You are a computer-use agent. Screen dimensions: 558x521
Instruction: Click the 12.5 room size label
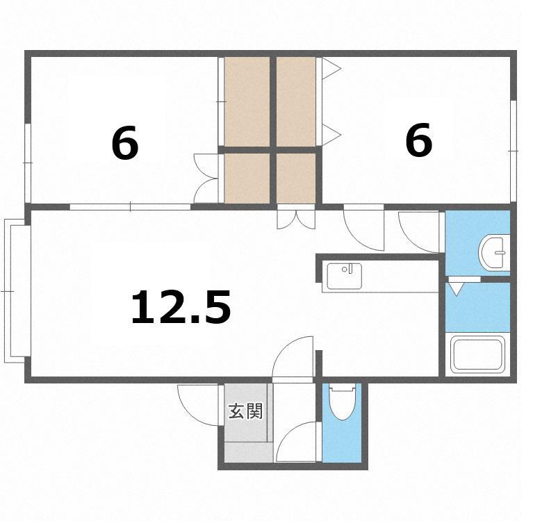point(181,307)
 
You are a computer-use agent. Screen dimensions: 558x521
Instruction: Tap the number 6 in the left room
point(125,143)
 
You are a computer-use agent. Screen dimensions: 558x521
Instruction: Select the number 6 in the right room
point(419,140)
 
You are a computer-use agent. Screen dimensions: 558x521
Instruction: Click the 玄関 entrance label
point(246,411)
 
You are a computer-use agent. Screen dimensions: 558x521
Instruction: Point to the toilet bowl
point(342,402)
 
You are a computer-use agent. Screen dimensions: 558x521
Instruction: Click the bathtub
point(478,354)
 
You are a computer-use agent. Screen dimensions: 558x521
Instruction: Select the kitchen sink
point(344,276)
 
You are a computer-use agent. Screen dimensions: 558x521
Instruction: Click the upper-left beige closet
point(247,101)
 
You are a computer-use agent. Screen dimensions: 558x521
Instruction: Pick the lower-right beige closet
point(296,178)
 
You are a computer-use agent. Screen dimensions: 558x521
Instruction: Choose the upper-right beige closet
point(296,101)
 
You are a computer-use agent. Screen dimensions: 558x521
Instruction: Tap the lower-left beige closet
point(247,178)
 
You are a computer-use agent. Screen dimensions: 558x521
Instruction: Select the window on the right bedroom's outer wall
point(513,151)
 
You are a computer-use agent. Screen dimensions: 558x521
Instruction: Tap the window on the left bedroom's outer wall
point(27,163)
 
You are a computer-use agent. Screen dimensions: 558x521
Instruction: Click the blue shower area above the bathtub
point(478,307)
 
